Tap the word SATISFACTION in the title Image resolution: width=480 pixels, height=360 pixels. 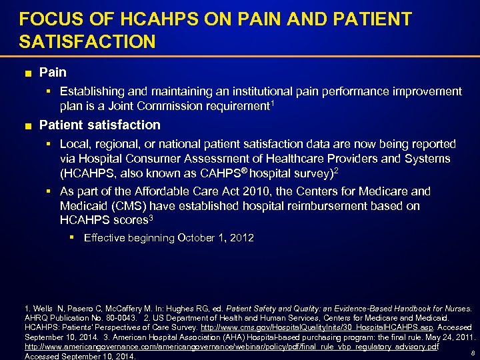(87, 43)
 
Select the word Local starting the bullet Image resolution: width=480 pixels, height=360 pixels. (75, 144)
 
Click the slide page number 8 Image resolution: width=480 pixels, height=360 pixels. (472, 353)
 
